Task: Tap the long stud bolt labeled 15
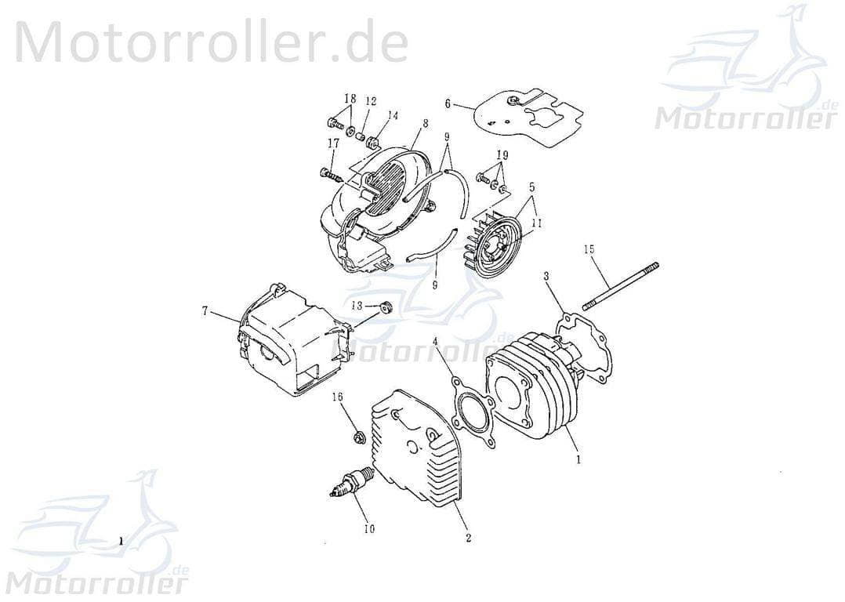click(620, 287)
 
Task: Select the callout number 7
click(205, 311)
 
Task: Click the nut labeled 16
click(356, 437)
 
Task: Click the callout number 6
click(448, 103)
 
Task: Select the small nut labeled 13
click(385, 305)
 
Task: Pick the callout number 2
click(468, 539)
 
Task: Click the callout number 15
click(589, 249)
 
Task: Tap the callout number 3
click(546, 277)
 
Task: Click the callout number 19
click(502, 154)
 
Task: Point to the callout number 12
click(371, 101)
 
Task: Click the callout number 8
click(425, 123)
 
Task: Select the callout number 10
click(368, 528)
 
